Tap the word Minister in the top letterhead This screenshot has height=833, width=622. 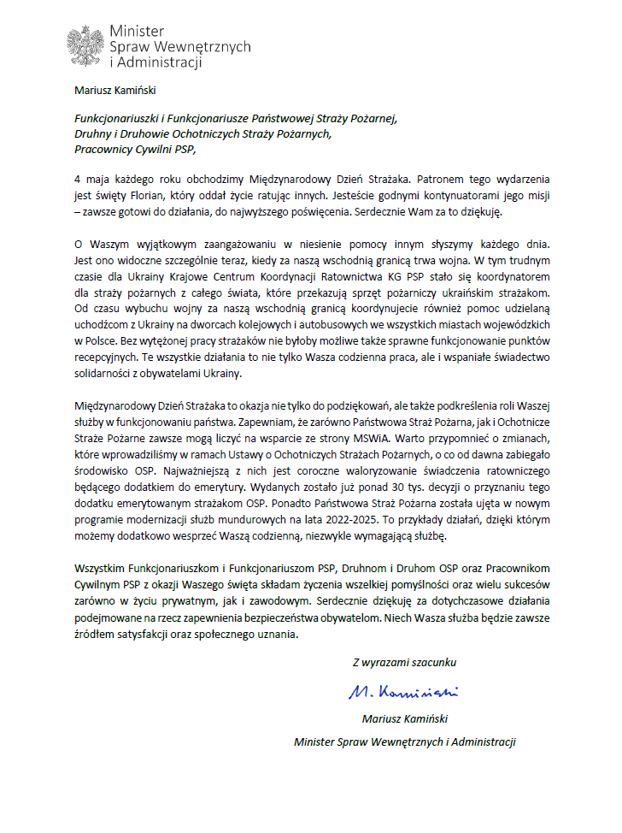tap(134, 32)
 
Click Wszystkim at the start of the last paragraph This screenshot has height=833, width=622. tap(99, 568)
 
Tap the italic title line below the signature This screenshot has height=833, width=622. tap(405, 741)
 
